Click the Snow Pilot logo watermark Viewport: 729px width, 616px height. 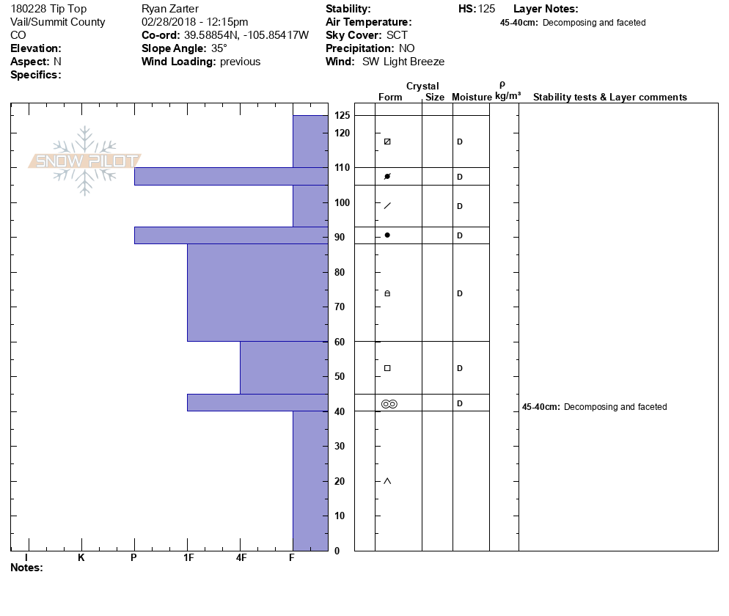pos(85,161)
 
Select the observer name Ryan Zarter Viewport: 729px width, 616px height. pos(170,9)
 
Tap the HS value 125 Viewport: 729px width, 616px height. pos(486,9)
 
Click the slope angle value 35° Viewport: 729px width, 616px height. pos(219,48)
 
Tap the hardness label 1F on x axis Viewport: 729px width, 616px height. pos(188,558)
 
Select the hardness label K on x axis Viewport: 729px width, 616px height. pos(81,558)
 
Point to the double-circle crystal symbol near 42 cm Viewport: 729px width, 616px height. pos(389,403)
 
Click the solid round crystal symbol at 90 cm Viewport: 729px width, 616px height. pos(387,235)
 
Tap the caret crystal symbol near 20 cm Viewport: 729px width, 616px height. pos(387,481)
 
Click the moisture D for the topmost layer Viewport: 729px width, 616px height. pos(460,142)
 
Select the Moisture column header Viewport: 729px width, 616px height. pos(472,98)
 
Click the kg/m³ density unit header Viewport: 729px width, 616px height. pos(508,96)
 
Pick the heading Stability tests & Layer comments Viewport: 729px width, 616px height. pos(609,98)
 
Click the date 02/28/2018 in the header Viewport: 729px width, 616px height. pos(171,22)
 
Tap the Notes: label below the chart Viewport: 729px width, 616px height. pos(26,568)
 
